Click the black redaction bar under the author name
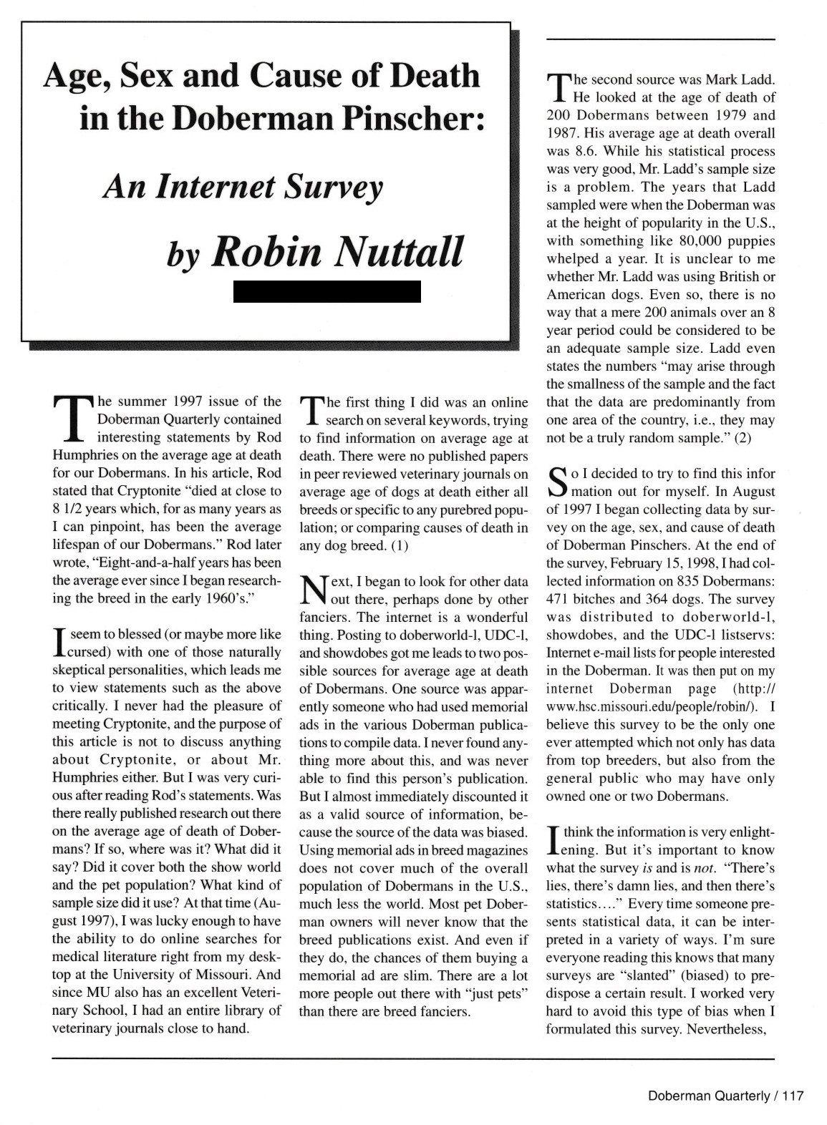(x=327, y=291)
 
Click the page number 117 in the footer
(x=793, y=1096)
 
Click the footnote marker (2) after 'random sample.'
(x=741, y=438)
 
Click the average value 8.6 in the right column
(x=590, y=151)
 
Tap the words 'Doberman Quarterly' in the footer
(x=707, y=1096)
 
